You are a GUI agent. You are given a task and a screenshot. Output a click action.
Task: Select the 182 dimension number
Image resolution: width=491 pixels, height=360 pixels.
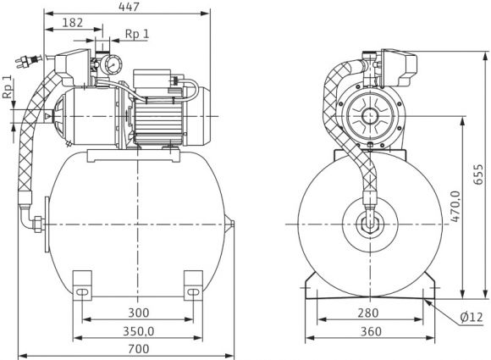[73, 23]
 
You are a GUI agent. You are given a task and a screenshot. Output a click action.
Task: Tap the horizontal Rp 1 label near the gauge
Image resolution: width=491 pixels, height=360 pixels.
[137, 34]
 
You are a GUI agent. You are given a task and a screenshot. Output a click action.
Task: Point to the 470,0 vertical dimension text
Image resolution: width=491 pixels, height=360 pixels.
[456, 207]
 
